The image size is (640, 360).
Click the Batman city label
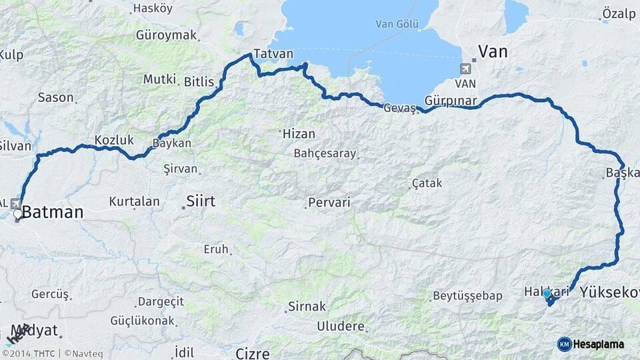coord(53,213)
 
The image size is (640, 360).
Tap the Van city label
coord(493,51)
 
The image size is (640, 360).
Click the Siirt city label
coord(201,200)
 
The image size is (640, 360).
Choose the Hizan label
coord(299,133)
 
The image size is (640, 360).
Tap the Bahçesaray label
coord(325,153)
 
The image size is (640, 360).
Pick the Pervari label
coord(329,202)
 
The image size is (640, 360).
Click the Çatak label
coord(427,183)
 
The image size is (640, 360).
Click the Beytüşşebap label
coord(466,295)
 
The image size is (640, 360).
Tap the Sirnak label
coord(307,307)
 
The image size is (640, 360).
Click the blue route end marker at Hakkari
coord(547,293)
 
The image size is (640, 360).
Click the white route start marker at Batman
coord(17,215)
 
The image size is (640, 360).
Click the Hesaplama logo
coord(591,344)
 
